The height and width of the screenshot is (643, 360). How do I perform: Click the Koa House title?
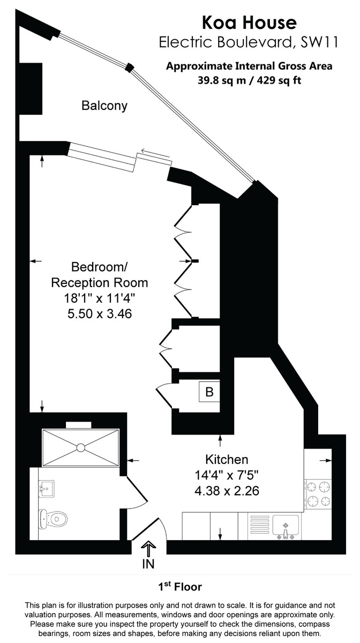249,23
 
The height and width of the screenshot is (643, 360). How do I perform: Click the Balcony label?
104,106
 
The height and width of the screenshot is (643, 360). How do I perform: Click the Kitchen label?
227,459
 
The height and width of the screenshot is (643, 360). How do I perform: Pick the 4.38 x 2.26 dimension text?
227,490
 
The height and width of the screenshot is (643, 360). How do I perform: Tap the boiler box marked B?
209,392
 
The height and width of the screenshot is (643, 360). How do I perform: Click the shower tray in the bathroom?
80,447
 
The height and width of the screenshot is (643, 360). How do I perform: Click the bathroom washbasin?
46,487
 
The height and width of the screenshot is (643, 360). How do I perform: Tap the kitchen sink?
286,525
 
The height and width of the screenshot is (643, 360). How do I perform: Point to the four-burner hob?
318,494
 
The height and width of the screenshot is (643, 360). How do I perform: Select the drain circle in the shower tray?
80,447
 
